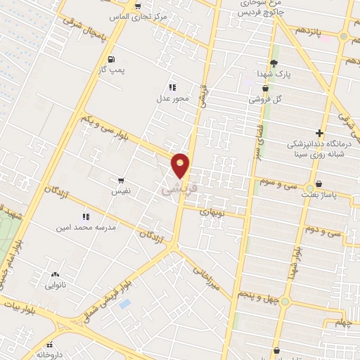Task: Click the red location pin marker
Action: coord(181,165)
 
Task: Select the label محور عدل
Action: coord(173,98)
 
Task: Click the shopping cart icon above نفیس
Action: coord(121,180)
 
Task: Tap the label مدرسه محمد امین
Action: coord(84,229)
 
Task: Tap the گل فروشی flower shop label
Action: coord(265,100)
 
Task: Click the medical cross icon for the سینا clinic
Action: coord(320,132)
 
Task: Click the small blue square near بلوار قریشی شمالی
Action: coord(124,304)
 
